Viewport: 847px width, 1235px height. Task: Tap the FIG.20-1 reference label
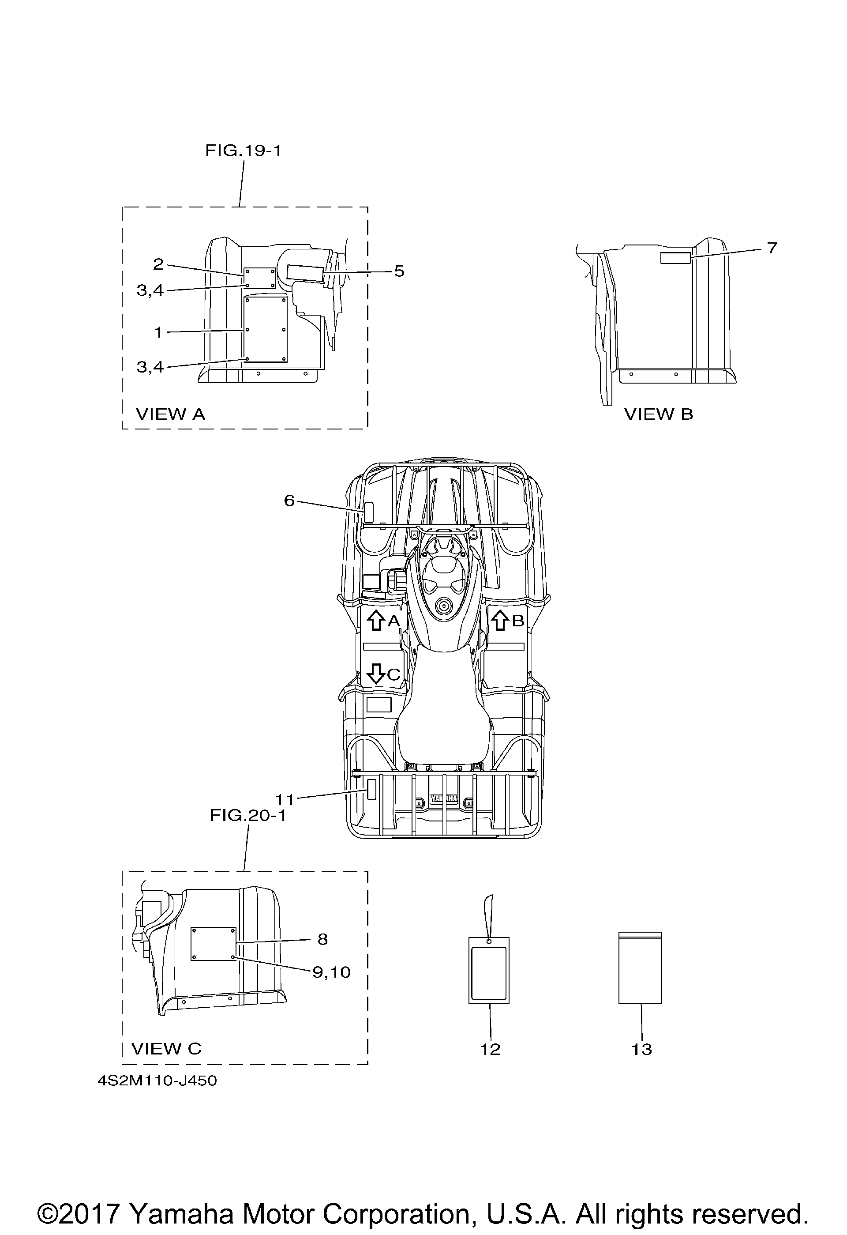click(247, 815)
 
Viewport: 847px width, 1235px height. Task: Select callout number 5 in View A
click(399, 271)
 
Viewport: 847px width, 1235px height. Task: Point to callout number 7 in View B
click(772, 248)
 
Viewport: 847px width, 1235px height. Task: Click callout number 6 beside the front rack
click(289, 501)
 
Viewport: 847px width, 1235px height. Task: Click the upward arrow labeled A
click(376, 620)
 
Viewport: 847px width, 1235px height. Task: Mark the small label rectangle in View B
click(675, 258)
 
